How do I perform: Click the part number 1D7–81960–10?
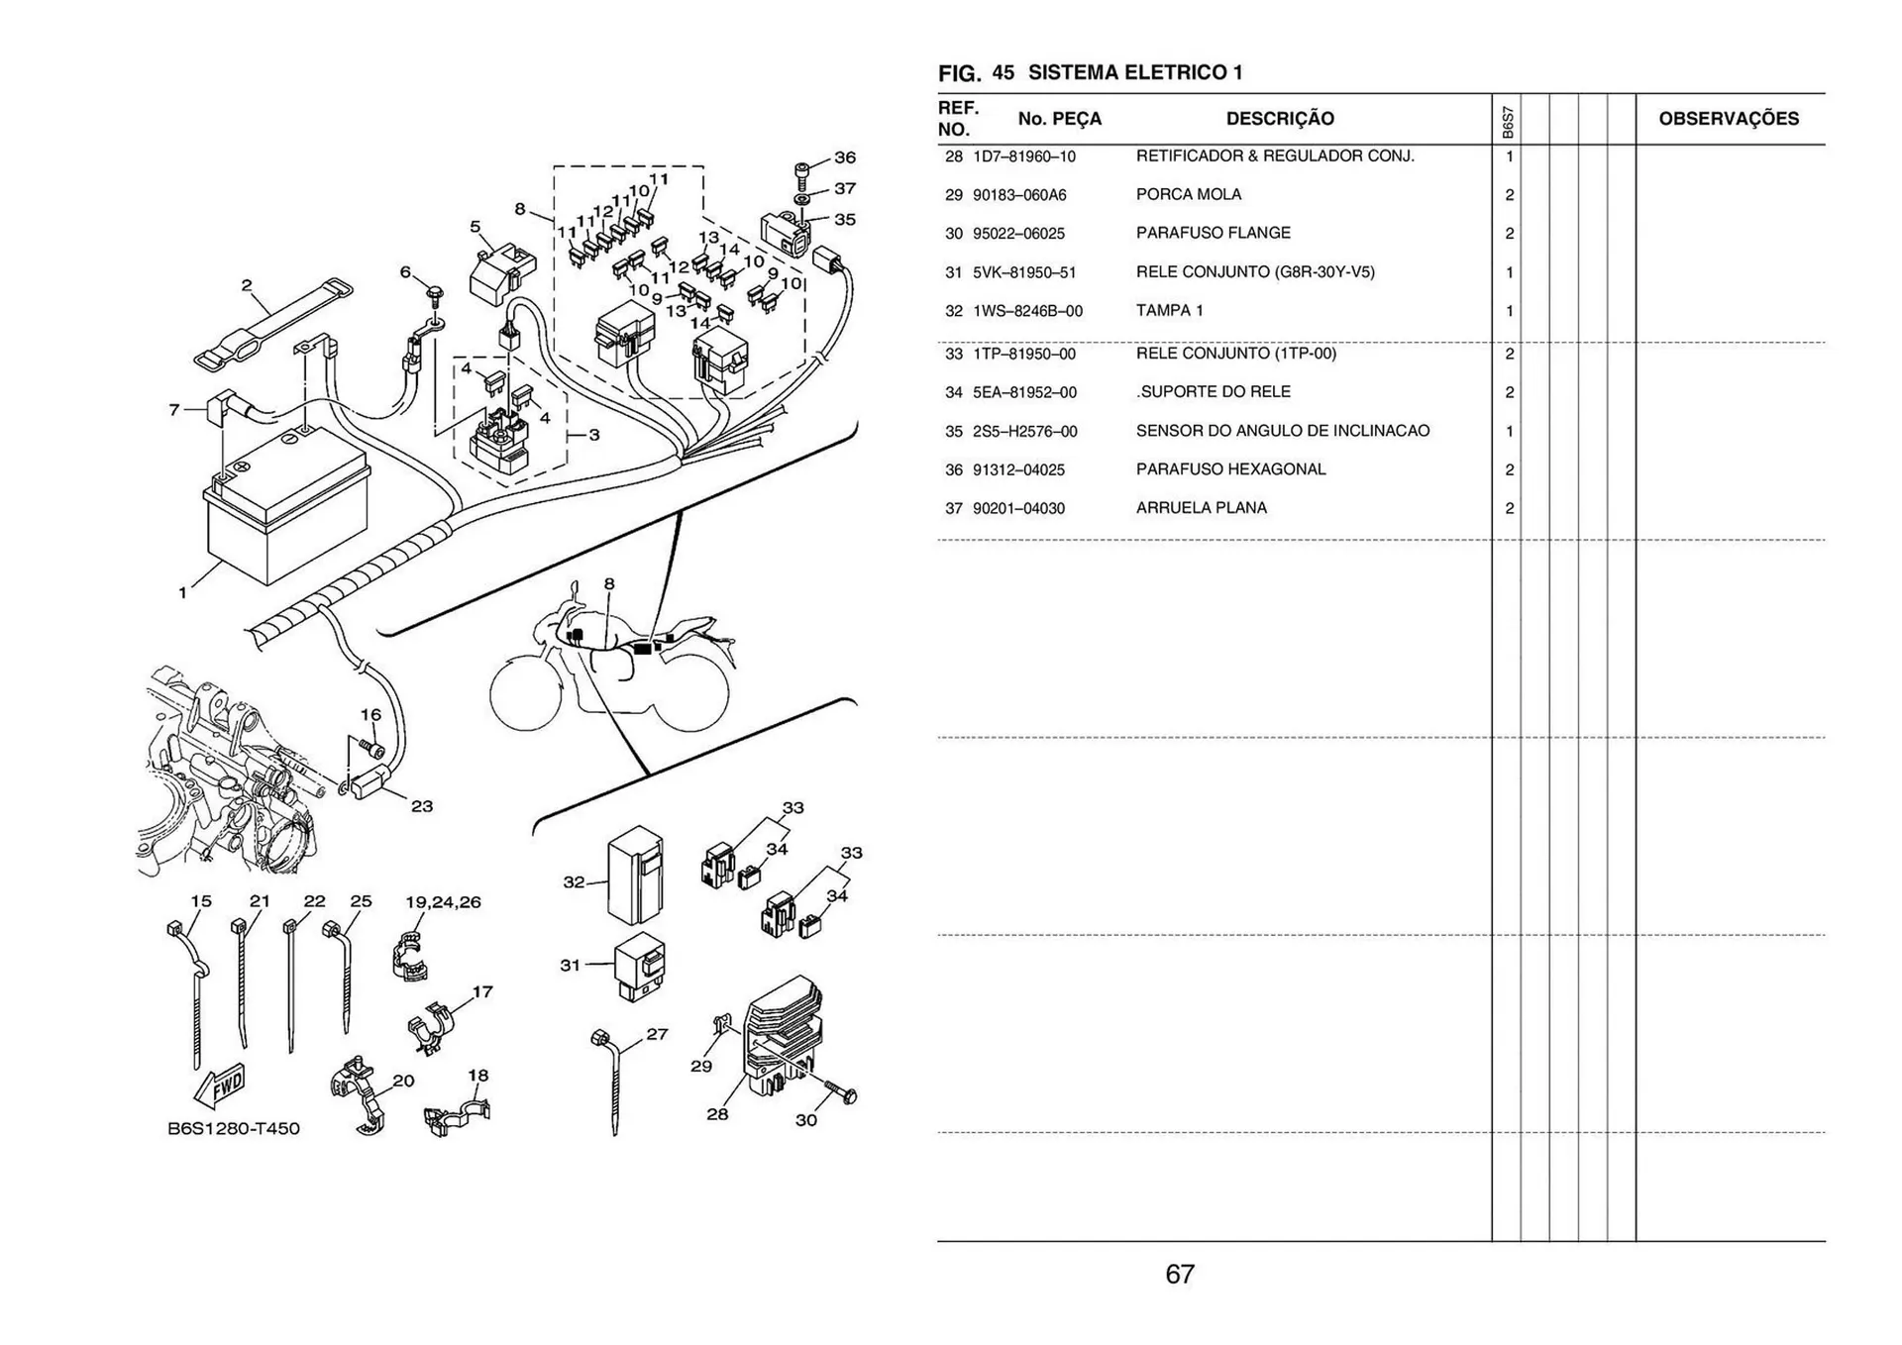point(1023,156)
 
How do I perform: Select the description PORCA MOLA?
point(1188,194)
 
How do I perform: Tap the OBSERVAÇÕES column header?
point(1728,119)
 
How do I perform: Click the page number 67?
point(1179,1274)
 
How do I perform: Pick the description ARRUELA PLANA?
point(1201,508)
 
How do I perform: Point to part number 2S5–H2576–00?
point(1024,432)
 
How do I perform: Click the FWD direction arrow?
point(219,1087)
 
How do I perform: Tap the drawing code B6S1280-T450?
point(233,1128)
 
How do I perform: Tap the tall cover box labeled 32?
point(634,876)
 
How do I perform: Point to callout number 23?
point(422,806)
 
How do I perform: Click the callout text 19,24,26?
point(443,902)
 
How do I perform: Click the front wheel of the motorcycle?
point(525,694)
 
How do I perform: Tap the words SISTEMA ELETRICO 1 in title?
point(1134,72)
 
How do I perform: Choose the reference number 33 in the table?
point(953,355)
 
